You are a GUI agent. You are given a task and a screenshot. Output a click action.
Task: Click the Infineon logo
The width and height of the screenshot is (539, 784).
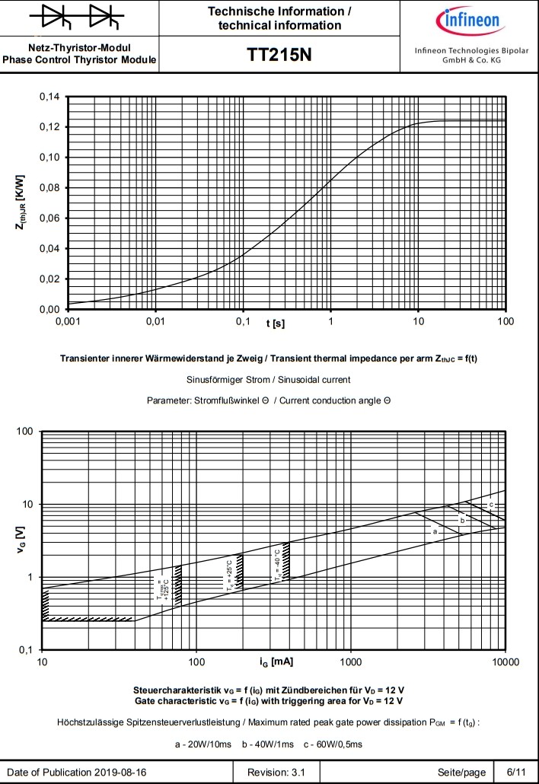click(468, 18)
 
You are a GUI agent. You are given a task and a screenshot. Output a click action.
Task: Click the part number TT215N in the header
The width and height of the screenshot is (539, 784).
click(279, 56)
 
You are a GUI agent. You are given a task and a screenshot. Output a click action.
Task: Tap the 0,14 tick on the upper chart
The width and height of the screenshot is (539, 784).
click(49, 97)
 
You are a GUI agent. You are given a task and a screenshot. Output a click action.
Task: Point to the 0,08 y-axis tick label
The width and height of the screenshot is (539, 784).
click(49, 188)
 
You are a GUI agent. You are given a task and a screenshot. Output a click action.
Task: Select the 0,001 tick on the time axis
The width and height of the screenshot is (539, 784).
click(68, 323)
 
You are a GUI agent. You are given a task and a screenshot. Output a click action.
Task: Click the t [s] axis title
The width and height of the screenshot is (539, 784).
click(276, 324)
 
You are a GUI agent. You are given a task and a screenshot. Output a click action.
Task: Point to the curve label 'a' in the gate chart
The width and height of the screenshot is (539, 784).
click(435, 531)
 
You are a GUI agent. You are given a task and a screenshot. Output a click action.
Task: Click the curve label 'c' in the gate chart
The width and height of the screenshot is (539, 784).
click(492, 505)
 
